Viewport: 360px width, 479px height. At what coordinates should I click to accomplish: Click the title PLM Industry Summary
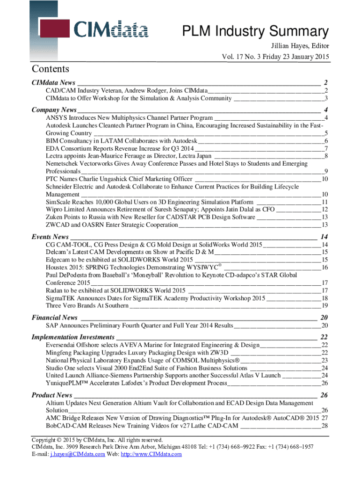pyautogui.click(x=255, y=32)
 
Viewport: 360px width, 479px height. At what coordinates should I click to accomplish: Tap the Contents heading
pyautogui.click(x=50, y=69)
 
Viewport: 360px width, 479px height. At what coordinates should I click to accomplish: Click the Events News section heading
pyautogui.click(x=50, y=237)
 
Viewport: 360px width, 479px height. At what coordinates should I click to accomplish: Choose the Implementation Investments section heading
pyautogui.click(x=72, y=337)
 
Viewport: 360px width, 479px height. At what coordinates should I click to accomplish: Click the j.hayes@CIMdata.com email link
pyautogui.click(x=77, y=454)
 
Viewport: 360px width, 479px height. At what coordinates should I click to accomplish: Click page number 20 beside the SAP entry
pyautogui.click(x=324, y=326)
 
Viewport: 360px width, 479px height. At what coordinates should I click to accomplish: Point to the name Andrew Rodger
pyautogui.click(x=148, y=90)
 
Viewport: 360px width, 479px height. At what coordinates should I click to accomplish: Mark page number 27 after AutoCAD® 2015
pyautogui.click(x=324, y=418)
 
